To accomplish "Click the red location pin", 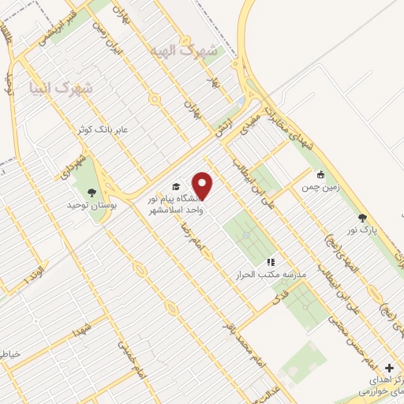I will pyautogui.click(x=204, y=185).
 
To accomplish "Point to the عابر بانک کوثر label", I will pyautogui.click(x=108, y=129).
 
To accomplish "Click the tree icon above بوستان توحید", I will pyautogui.click(x=92, y=191).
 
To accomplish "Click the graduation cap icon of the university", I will pyautogui.click(x=175, y=187).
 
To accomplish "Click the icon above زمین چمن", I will pyautogui.click(x=320, y=175).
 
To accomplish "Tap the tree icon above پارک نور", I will pyautogui.click(x=362, y=217).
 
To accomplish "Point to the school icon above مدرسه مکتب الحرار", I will pyautogui.click(x=271, y=261).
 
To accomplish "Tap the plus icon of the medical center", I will pyautogui.click(x=388, y=368).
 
